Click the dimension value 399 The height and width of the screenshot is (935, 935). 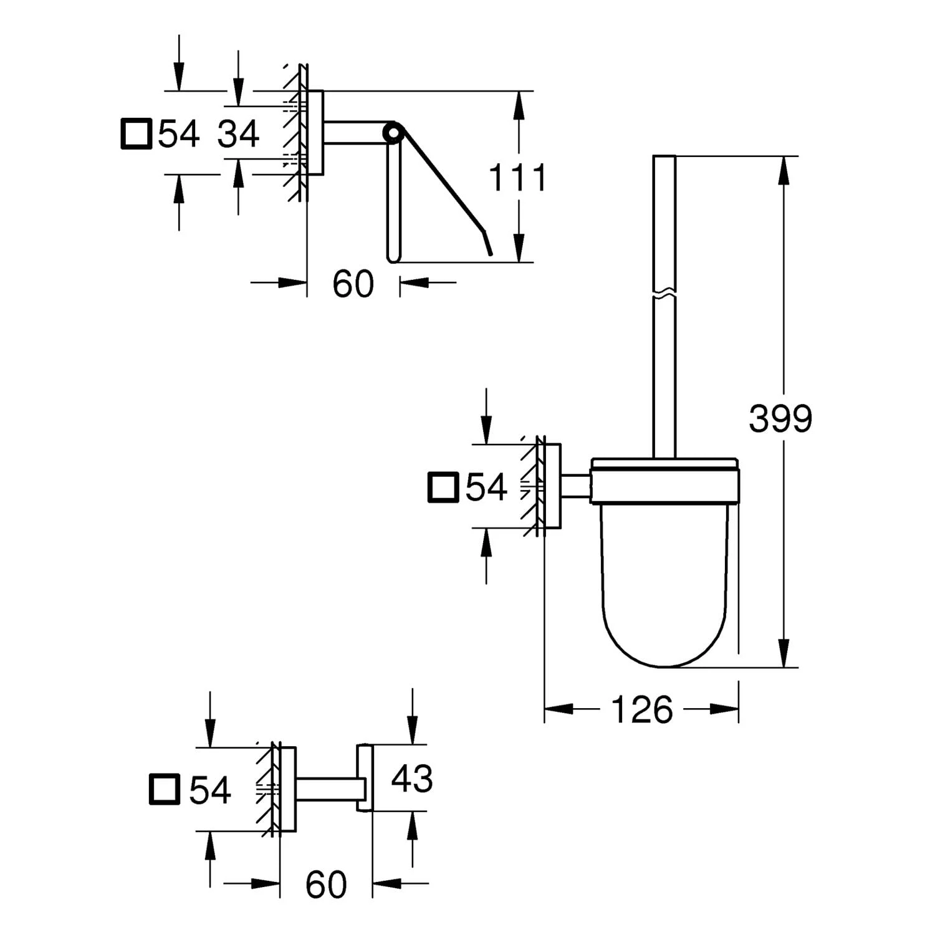[780, 418]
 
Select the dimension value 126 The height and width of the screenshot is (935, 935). [642, 709]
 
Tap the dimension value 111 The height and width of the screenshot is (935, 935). [517, 177]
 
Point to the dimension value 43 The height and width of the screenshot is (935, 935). [412, 779]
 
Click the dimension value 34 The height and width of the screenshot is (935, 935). [238, 134]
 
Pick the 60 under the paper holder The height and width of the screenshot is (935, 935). [353, 284]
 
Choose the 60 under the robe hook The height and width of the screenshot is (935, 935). [326, 884]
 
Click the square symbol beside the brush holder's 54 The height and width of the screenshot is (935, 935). [443, 487]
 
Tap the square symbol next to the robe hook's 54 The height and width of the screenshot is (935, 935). [165, 789]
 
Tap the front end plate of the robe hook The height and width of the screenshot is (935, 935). [364, 778]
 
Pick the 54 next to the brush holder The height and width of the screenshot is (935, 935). [486, 487]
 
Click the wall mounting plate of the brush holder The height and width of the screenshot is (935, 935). [553, 486]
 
